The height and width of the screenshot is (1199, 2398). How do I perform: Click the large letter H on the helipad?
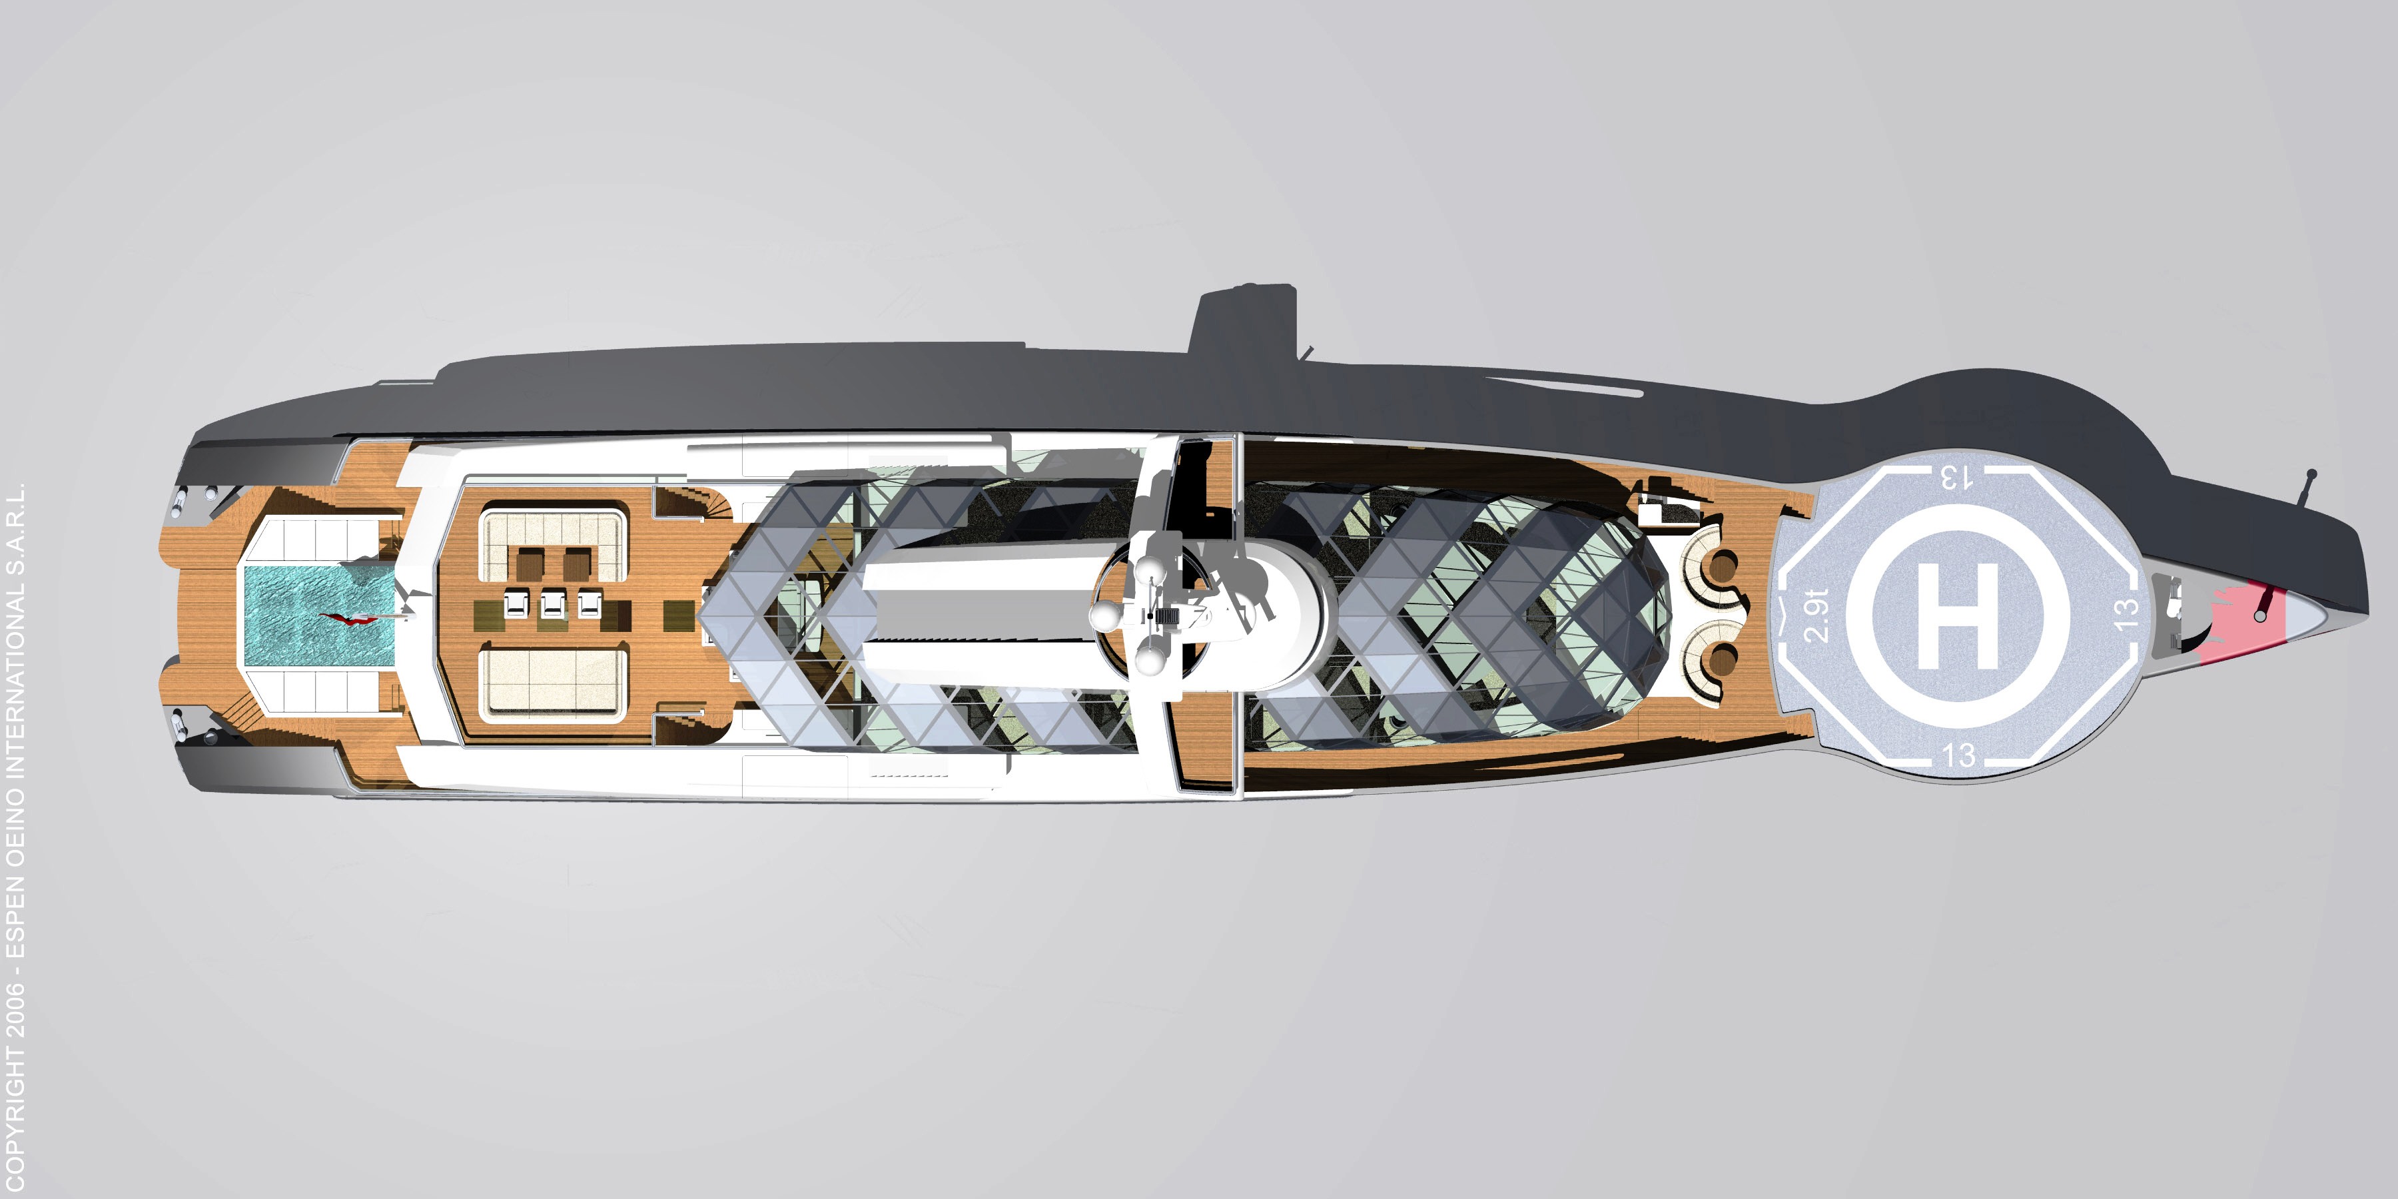click(x=1957, y=615)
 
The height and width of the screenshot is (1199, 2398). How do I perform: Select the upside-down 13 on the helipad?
click(x=1956, y=478)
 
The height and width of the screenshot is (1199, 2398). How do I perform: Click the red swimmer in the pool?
click(x=349, y=618)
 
